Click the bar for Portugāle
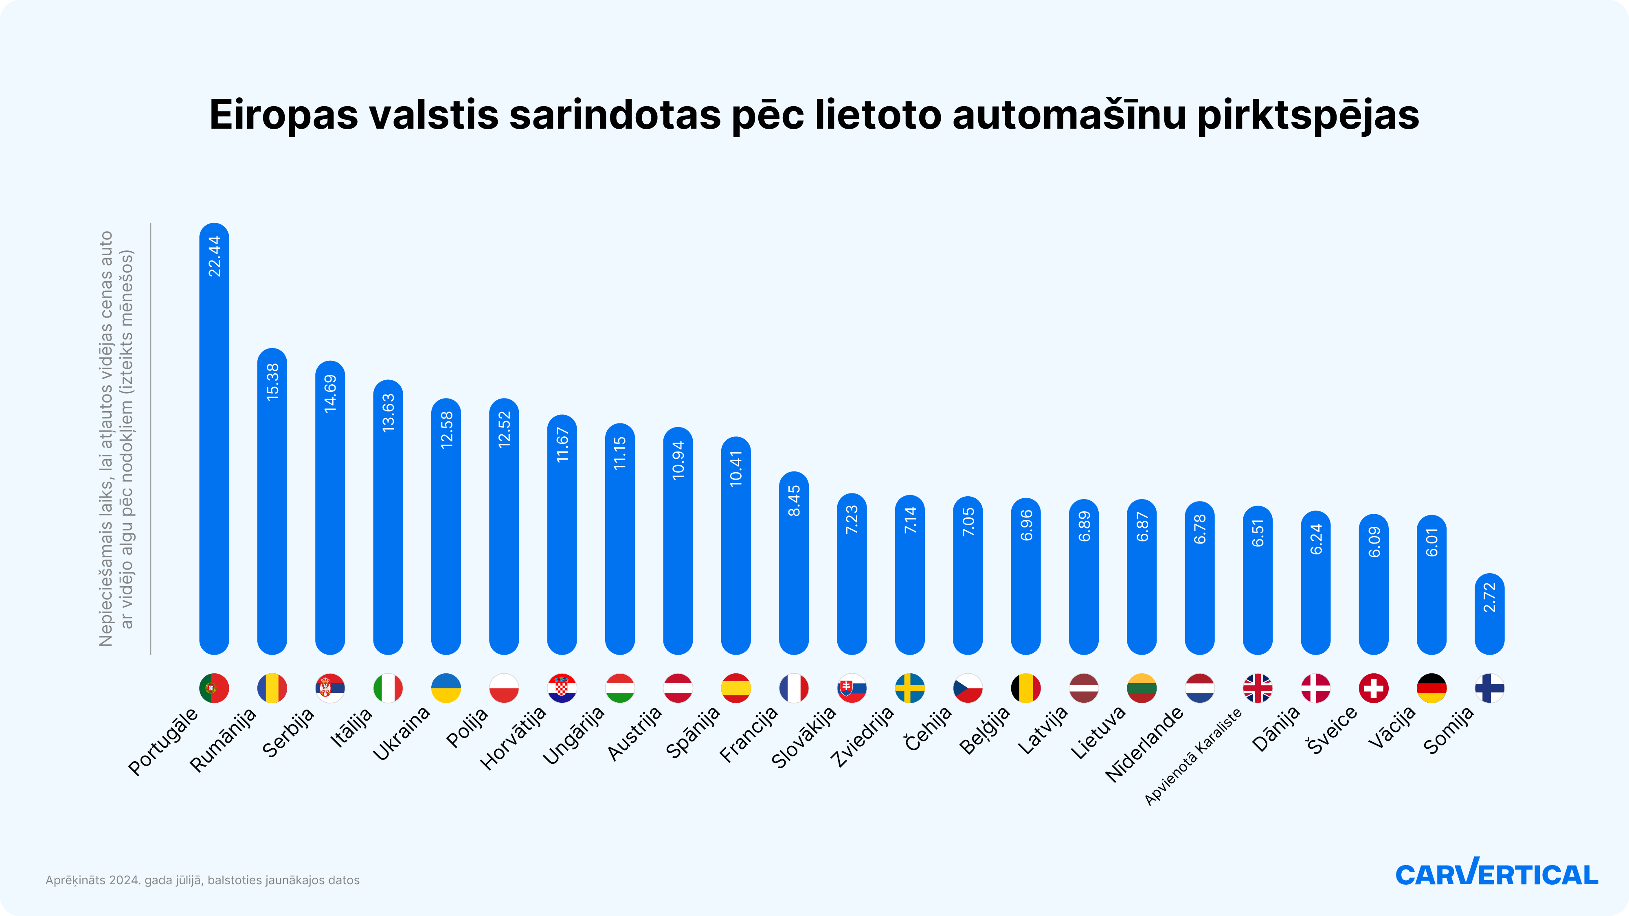214,443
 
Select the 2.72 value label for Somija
1489,597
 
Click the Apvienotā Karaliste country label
1193,757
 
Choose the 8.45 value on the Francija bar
794,501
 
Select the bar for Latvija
1084,582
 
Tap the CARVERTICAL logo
1496,874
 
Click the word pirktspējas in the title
1308,116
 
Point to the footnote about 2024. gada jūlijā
202,880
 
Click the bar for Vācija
1432,588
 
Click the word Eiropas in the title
283,116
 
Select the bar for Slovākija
852,579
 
